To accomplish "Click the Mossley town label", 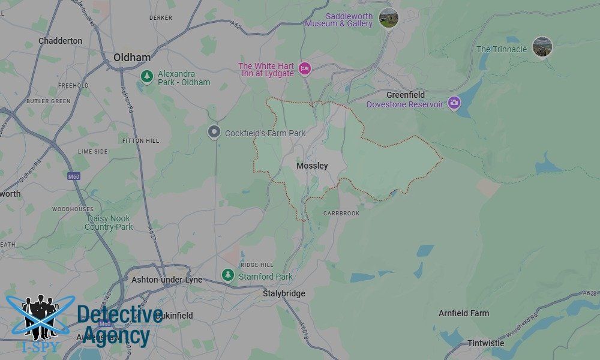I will (312, 166).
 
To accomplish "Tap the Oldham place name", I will (132, 58).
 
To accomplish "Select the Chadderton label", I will (60, 41).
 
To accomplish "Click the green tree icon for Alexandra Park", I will (146, 76).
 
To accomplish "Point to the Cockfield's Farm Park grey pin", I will (214, 133).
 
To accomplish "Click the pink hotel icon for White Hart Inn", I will (304, 69).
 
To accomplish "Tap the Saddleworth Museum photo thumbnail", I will (389, 18).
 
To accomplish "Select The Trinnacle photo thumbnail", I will (542, 47).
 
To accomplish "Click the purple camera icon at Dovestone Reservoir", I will (454, 103).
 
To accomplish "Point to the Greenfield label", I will (406, 95).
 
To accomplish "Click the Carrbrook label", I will (341, 214).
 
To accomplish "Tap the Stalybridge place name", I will (284, 293).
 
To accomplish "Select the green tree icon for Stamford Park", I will (228, 275).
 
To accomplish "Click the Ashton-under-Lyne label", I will (167, 280).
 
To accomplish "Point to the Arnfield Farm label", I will (464, 313).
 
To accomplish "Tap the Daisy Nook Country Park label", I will (109, 223).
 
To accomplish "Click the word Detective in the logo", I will (120, 315).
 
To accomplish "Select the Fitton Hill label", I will (141, 140).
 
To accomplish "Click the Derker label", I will (161, 18).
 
